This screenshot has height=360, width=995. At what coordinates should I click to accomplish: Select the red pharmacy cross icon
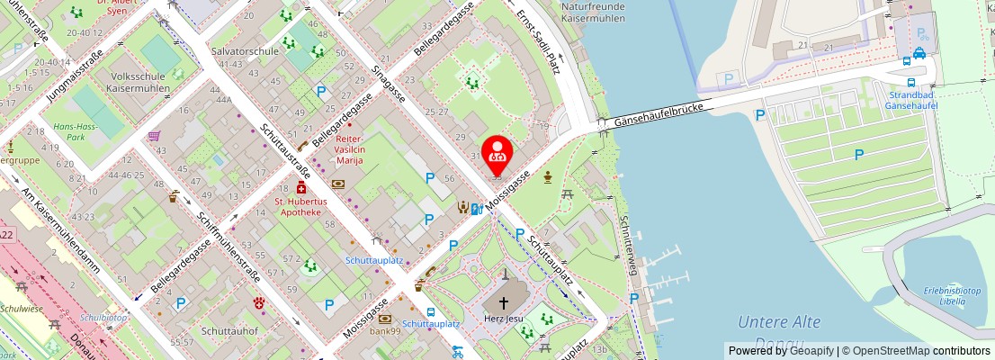[x=300, y=190]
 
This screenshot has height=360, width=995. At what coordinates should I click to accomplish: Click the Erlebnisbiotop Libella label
[x=945, y=295]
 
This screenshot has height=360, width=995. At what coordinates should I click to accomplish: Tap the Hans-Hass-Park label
[x=76, y=132]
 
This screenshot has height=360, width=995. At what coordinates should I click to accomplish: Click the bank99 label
[x=384, y=332]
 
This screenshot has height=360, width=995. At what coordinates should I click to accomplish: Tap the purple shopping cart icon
[x=154, y=137]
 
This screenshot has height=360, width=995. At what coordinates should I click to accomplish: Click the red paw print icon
[x=260, y=303]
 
